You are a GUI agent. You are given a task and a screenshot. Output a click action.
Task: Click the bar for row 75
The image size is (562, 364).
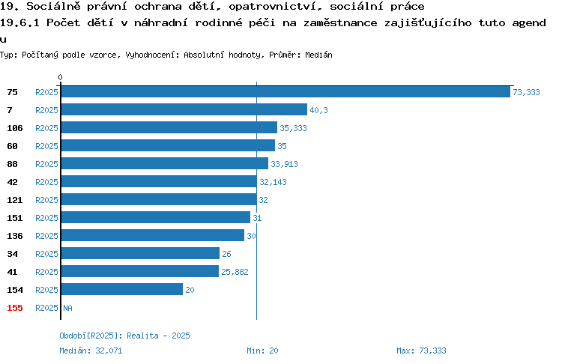(x=285, y=92)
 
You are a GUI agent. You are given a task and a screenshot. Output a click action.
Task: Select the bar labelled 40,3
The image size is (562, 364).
(x=184, y=109)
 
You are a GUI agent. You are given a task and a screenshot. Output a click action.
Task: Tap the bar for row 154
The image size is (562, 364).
(x=122, y=289)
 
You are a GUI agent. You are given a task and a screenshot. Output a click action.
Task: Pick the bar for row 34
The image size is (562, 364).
(x=140, y=253)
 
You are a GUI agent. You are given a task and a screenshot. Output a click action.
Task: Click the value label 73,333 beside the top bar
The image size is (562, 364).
(x=526, y=92)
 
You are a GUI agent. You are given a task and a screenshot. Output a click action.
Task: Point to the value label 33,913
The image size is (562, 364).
(x=284, y=164)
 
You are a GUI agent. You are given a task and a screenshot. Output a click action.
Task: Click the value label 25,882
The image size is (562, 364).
(x=235, y=272)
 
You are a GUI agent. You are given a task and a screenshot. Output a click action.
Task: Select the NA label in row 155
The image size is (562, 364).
(x=67, y=308)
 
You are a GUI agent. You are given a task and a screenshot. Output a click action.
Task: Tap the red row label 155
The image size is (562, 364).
(x=15, y=308)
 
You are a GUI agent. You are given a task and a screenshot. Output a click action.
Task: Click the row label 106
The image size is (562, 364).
(x=15, y=128)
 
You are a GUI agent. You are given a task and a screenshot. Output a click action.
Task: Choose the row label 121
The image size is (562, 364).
(x=15, y=200)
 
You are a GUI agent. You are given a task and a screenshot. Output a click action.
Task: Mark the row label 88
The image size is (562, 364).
(x=12, y=164)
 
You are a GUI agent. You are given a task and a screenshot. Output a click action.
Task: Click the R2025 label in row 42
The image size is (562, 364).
(x=46, y=182)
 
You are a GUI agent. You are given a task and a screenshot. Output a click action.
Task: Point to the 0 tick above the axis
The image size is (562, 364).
(x=60, y=77)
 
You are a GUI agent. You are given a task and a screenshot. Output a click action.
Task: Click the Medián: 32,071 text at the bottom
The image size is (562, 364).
(x=91, y=351)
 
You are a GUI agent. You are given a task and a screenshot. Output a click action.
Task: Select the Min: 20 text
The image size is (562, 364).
(x=262, y=351)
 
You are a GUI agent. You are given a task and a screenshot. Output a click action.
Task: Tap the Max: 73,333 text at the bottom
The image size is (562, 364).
(x=421, y=351)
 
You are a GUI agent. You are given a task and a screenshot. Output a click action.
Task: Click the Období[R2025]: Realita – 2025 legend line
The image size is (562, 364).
(x=124, y=336)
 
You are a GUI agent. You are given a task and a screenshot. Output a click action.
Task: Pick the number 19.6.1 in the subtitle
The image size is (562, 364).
(x=19, y=22)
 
